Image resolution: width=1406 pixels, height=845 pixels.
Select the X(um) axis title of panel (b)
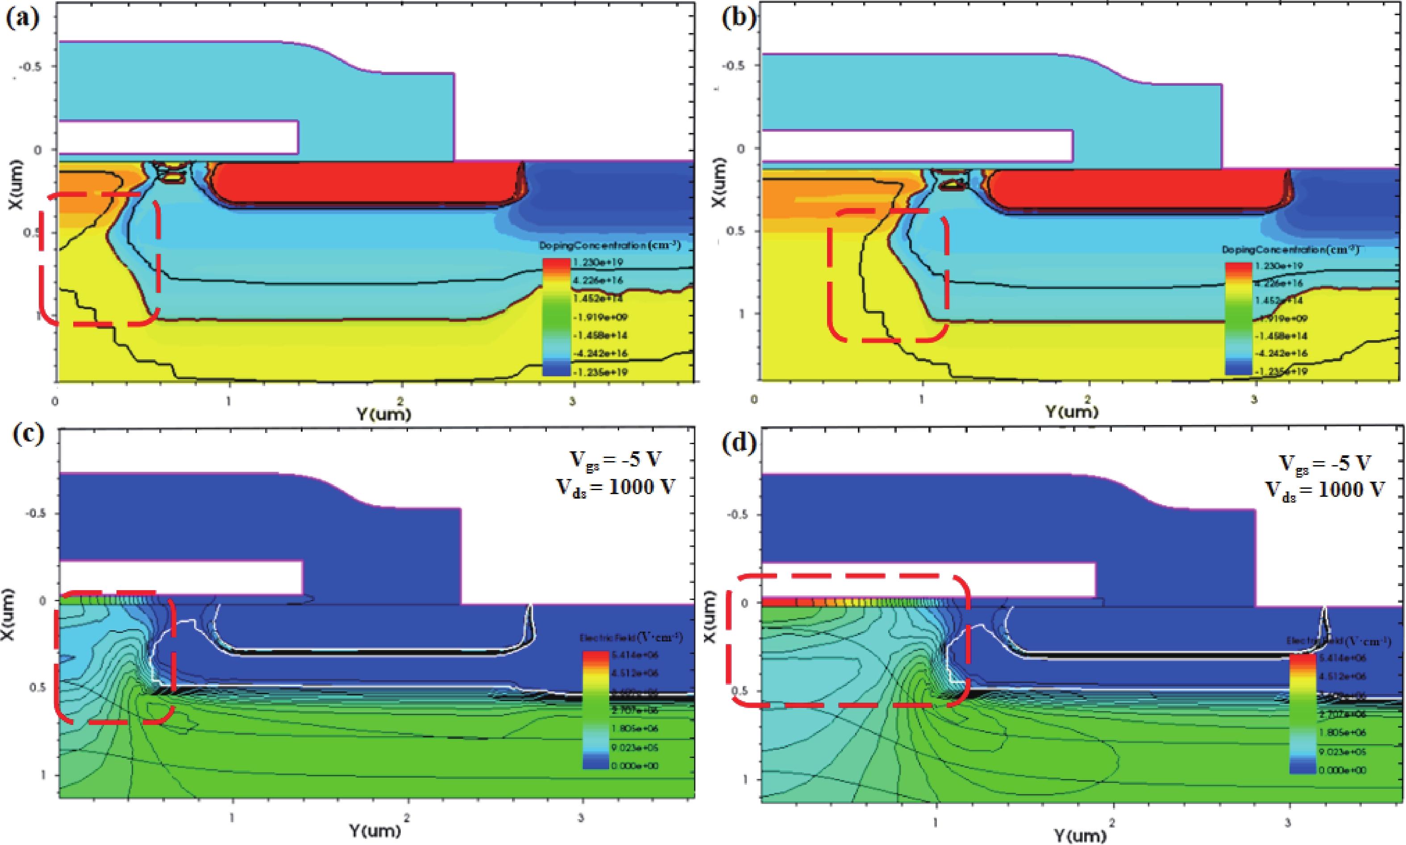coord(718,182)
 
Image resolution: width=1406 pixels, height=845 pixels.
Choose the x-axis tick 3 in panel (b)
coord(1253,400)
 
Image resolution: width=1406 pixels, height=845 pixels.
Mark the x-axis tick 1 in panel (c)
coord(232,818)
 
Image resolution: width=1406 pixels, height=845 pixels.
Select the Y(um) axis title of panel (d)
coord(1080,836)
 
